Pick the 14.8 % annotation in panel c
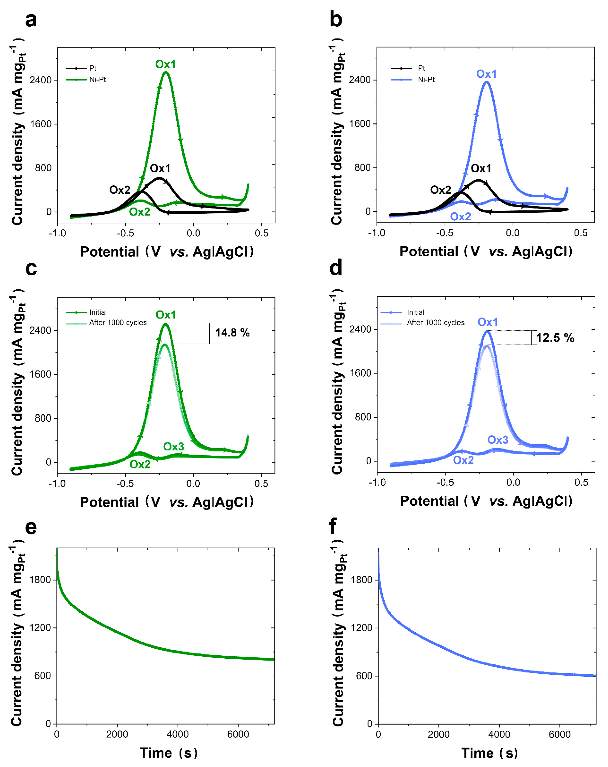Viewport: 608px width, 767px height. pyautogui.click(x=232, y=333)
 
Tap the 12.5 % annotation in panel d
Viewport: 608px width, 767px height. pyautogui.click(x=555, y=338)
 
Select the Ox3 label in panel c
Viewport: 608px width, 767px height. pyautogui.click(x=173, y=446)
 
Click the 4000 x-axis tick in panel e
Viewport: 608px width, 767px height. pyautogui.click(x=177, y=734)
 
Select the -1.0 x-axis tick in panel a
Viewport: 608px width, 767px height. pyautogui.click(x=57, y=233)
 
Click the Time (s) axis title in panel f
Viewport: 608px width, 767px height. pyautogui.click(x=489, y=753)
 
